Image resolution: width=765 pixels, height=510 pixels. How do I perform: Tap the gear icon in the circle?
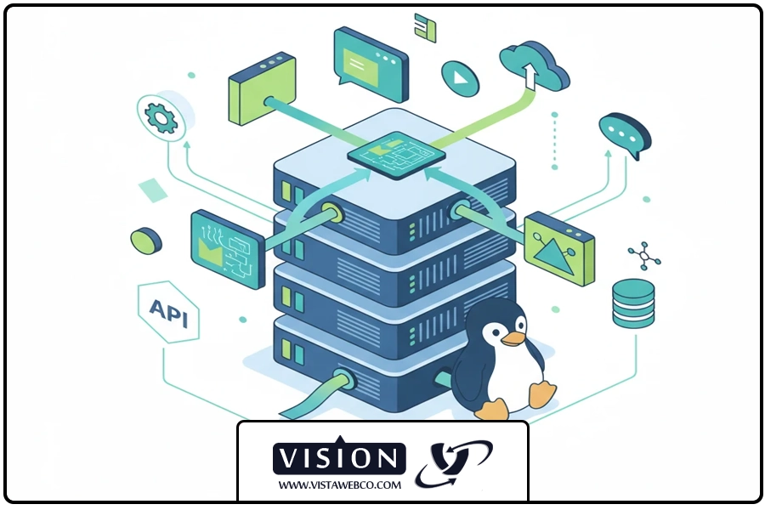(161, 117)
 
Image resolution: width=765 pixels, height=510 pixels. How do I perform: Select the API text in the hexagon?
(169, 312)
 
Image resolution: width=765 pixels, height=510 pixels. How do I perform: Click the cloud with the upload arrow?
(534, 65)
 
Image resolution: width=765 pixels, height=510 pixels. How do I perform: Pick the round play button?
(460, 78)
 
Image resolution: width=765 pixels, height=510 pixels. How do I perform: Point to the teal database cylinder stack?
(633, 303)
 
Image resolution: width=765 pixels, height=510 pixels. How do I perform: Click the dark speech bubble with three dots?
(625, 134)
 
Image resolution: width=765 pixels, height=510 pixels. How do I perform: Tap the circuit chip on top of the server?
(396, 155)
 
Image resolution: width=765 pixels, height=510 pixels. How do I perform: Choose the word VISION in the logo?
(339, 458)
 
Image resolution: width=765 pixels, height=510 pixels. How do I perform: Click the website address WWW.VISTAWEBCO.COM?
(339, 485)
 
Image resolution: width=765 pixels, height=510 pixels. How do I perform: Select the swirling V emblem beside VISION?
(454, 462)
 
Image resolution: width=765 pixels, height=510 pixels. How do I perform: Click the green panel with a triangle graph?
(559, 249)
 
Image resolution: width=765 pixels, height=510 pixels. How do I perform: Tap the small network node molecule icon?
(644, 256)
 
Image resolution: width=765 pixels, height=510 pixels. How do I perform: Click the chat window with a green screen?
(371, 64)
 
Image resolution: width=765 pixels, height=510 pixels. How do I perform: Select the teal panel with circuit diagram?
(228, 249)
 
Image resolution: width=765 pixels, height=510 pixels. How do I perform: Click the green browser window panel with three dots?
(262, 88)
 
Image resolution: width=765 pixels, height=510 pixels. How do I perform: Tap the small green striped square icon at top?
(425, 27)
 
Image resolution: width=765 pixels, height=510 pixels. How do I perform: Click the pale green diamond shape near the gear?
(153, 190)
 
